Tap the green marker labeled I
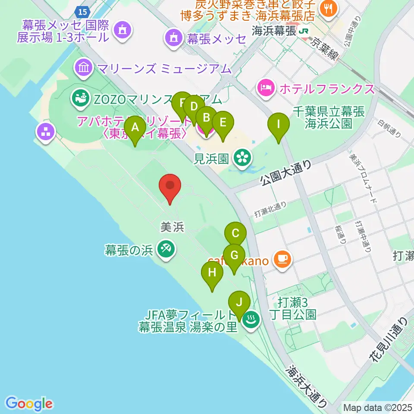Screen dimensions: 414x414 tap(278, 125)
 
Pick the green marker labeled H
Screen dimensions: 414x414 tap(212, 273)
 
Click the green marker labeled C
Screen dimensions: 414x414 tap(235, 234)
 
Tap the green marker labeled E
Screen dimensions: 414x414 tap(223, 122)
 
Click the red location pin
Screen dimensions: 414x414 tap(170, 186)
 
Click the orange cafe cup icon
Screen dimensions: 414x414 tap(282, 260)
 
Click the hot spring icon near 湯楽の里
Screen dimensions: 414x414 tap(250, 320)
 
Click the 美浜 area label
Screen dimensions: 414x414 tap(172, 227)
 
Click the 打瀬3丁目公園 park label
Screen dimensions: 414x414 tap(297, 307)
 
